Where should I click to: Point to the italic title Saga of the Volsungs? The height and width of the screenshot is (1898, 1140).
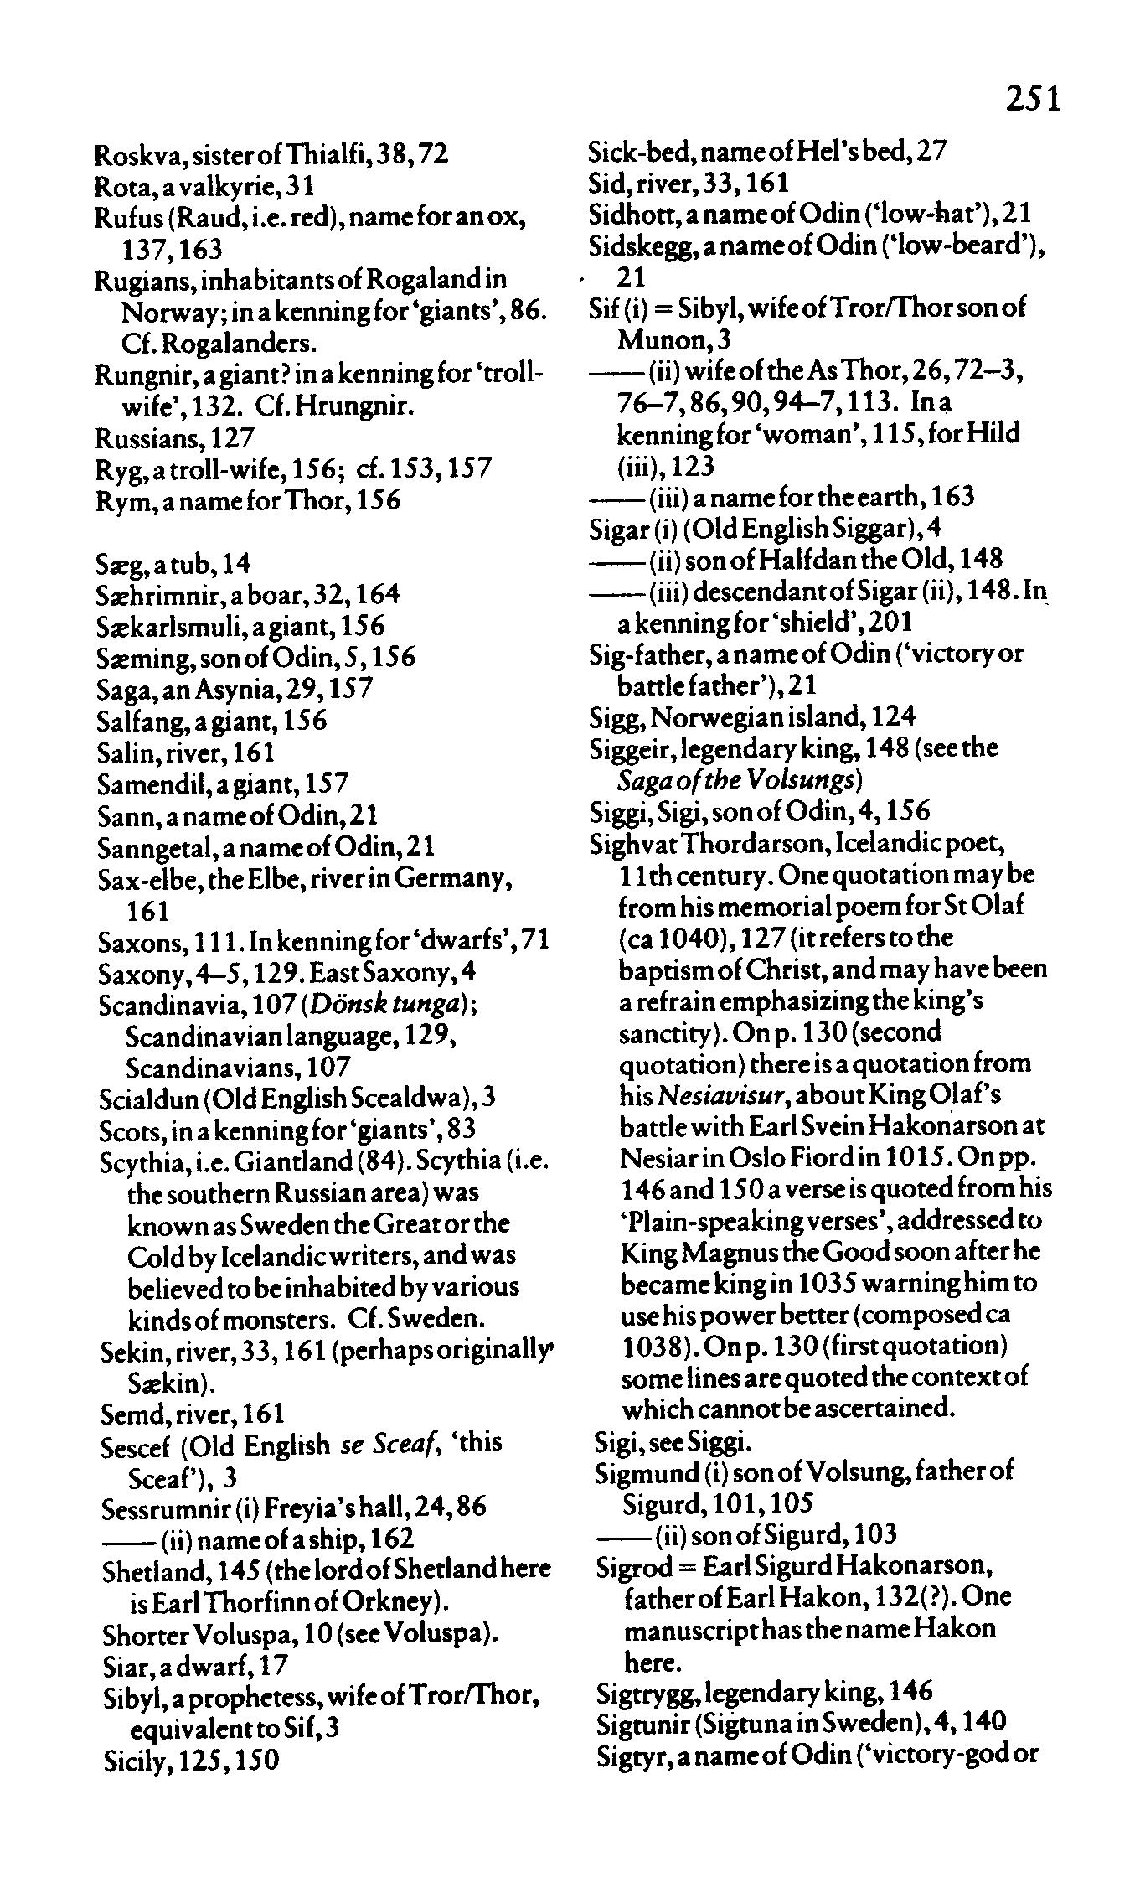tap(740, 780)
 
